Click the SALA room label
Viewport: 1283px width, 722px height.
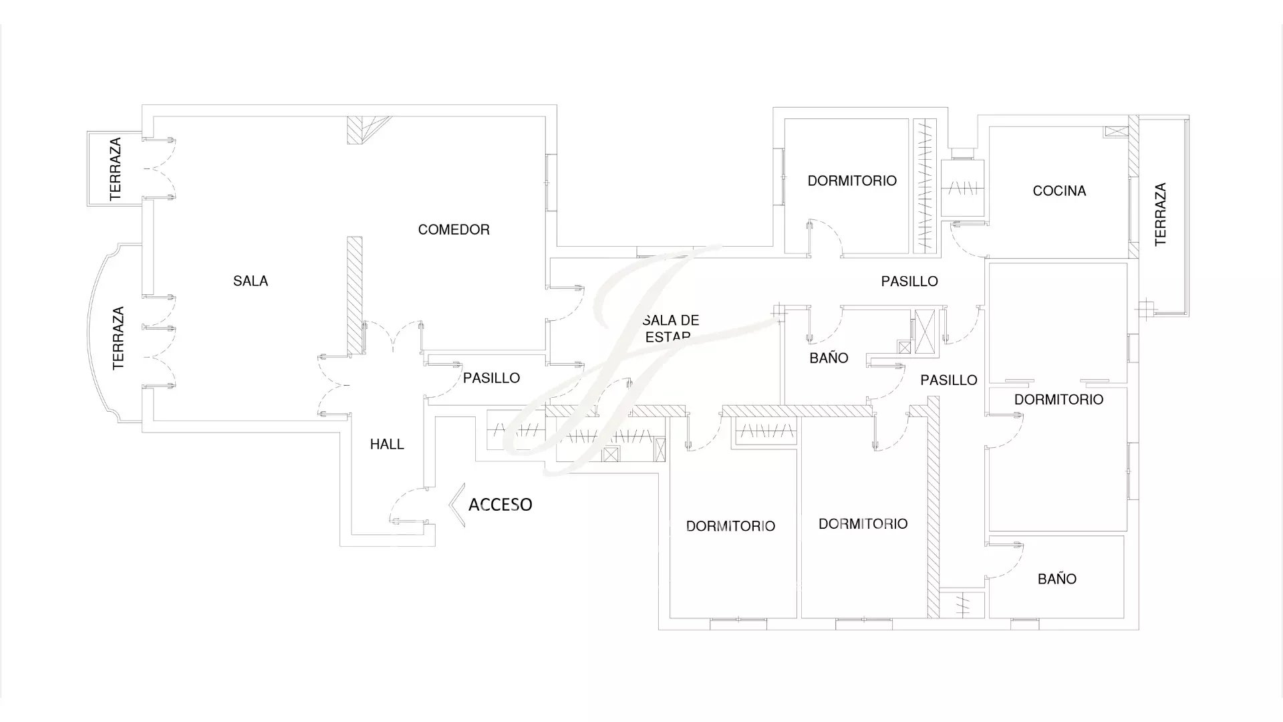click(251, 281)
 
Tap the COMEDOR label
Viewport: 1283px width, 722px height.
click(454, 230)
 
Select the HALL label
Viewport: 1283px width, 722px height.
click(387, 445)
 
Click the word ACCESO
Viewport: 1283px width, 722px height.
click(501, 504)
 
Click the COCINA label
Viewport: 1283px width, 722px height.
click(1059, 191)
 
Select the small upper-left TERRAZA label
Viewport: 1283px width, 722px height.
click(116, 169)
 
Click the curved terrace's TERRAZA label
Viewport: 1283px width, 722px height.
click(118, 338)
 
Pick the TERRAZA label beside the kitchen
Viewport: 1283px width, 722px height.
click(1161, 215)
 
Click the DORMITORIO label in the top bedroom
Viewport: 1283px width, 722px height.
click(852, 181)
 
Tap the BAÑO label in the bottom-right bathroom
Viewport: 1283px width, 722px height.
click(1057, 579)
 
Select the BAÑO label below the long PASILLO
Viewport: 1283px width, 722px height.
click(829, 358)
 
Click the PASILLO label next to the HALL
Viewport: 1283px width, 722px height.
click(491, 378)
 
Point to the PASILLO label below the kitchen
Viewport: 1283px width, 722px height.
click(909, 281)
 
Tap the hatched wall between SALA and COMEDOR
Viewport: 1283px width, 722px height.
click(354, 295)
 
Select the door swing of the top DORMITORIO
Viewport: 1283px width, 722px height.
click(826, 237)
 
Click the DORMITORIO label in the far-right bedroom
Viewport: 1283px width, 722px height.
click(1058, 400)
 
